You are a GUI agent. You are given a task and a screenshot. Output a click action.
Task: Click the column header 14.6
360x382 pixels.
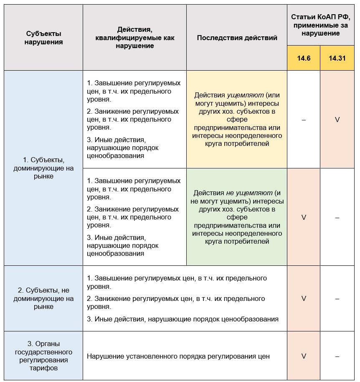[304, 58]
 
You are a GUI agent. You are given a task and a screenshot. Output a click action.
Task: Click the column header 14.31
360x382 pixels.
[337, 58]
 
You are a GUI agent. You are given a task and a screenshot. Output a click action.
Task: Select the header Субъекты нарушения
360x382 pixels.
[43, 38]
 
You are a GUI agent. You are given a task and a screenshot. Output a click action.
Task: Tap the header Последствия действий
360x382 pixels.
[237, 38]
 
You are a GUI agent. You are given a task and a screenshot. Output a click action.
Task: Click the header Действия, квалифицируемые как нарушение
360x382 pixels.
[134, 38]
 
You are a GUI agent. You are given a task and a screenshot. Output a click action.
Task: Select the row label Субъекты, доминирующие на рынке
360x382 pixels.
[43, 168]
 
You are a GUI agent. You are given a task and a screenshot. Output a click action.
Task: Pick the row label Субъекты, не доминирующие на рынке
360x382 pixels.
[43, 298]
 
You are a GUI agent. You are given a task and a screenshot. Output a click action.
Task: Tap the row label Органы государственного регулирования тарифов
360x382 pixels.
[43, 356]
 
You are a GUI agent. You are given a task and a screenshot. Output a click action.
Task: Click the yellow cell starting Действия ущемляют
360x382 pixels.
[237, 120]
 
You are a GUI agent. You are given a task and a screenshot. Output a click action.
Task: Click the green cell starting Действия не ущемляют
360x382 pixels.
[237, 217]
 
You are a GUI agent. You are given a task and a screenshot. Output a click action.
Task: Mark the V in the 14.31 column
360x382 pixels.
[337, 120]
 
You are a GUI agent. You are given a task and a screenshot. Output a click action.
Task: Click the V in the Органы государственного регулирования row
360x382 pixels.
[304, 356]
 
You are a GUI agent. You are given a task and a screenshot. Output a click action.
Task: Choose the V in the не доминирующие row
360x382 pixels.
[304, 298]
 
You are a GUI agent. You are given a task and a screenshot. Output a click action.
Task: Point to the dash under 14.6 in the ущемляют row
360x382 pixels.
[304, 120]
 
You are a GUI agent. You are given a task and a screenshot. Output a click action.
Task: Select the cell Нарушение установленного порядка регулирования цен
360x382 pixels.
[178, 357]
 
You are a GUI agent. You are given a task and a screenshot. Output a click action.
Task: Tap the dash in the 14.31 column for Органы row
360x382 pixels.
[337, 356]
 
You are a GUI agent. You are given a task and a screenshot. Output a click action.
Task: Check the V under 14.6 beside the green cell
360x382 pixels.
[304, 217]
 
